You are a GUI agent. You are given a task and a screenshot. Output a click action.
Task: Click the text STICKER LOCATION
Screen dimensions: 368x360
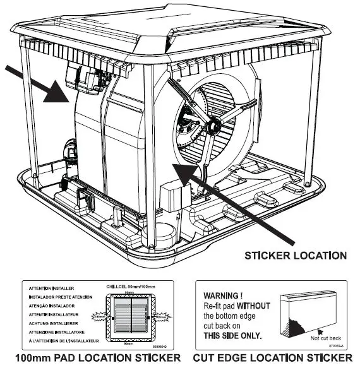click(295, 256)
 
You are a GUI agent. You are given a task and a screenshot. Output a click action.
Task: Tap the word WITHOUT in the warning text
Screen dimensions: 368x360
click(256, 306)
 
